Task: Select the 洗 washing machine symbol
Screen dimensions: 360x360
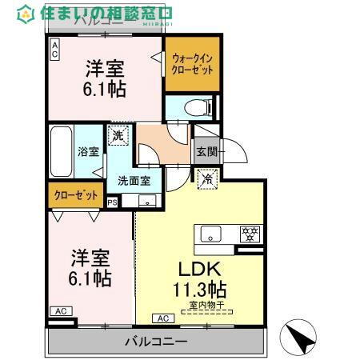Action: tap(118, 137)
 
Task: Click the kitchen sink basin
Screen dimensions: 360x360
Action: tap(211, 234)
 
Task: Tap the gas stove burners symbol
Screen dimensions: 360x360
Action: tap(250, 234)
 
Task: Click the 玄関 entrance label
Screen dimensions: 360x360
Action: tap(206, 151)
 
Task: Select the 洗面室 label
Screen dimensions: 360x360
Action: tap(134, 180)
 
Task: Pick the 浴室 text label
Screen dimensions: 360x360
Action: tap(87, 151)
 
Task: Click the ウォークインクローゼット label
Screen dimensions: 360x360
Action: tap(192, 64)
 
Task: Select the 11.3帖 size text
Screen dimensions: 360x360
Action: tap(201, 290)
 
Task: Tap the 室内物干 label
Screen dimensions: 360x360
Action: tap(207, 306)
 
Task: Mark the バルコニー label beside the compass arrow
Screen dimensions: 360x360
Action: tap(156, 341)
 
